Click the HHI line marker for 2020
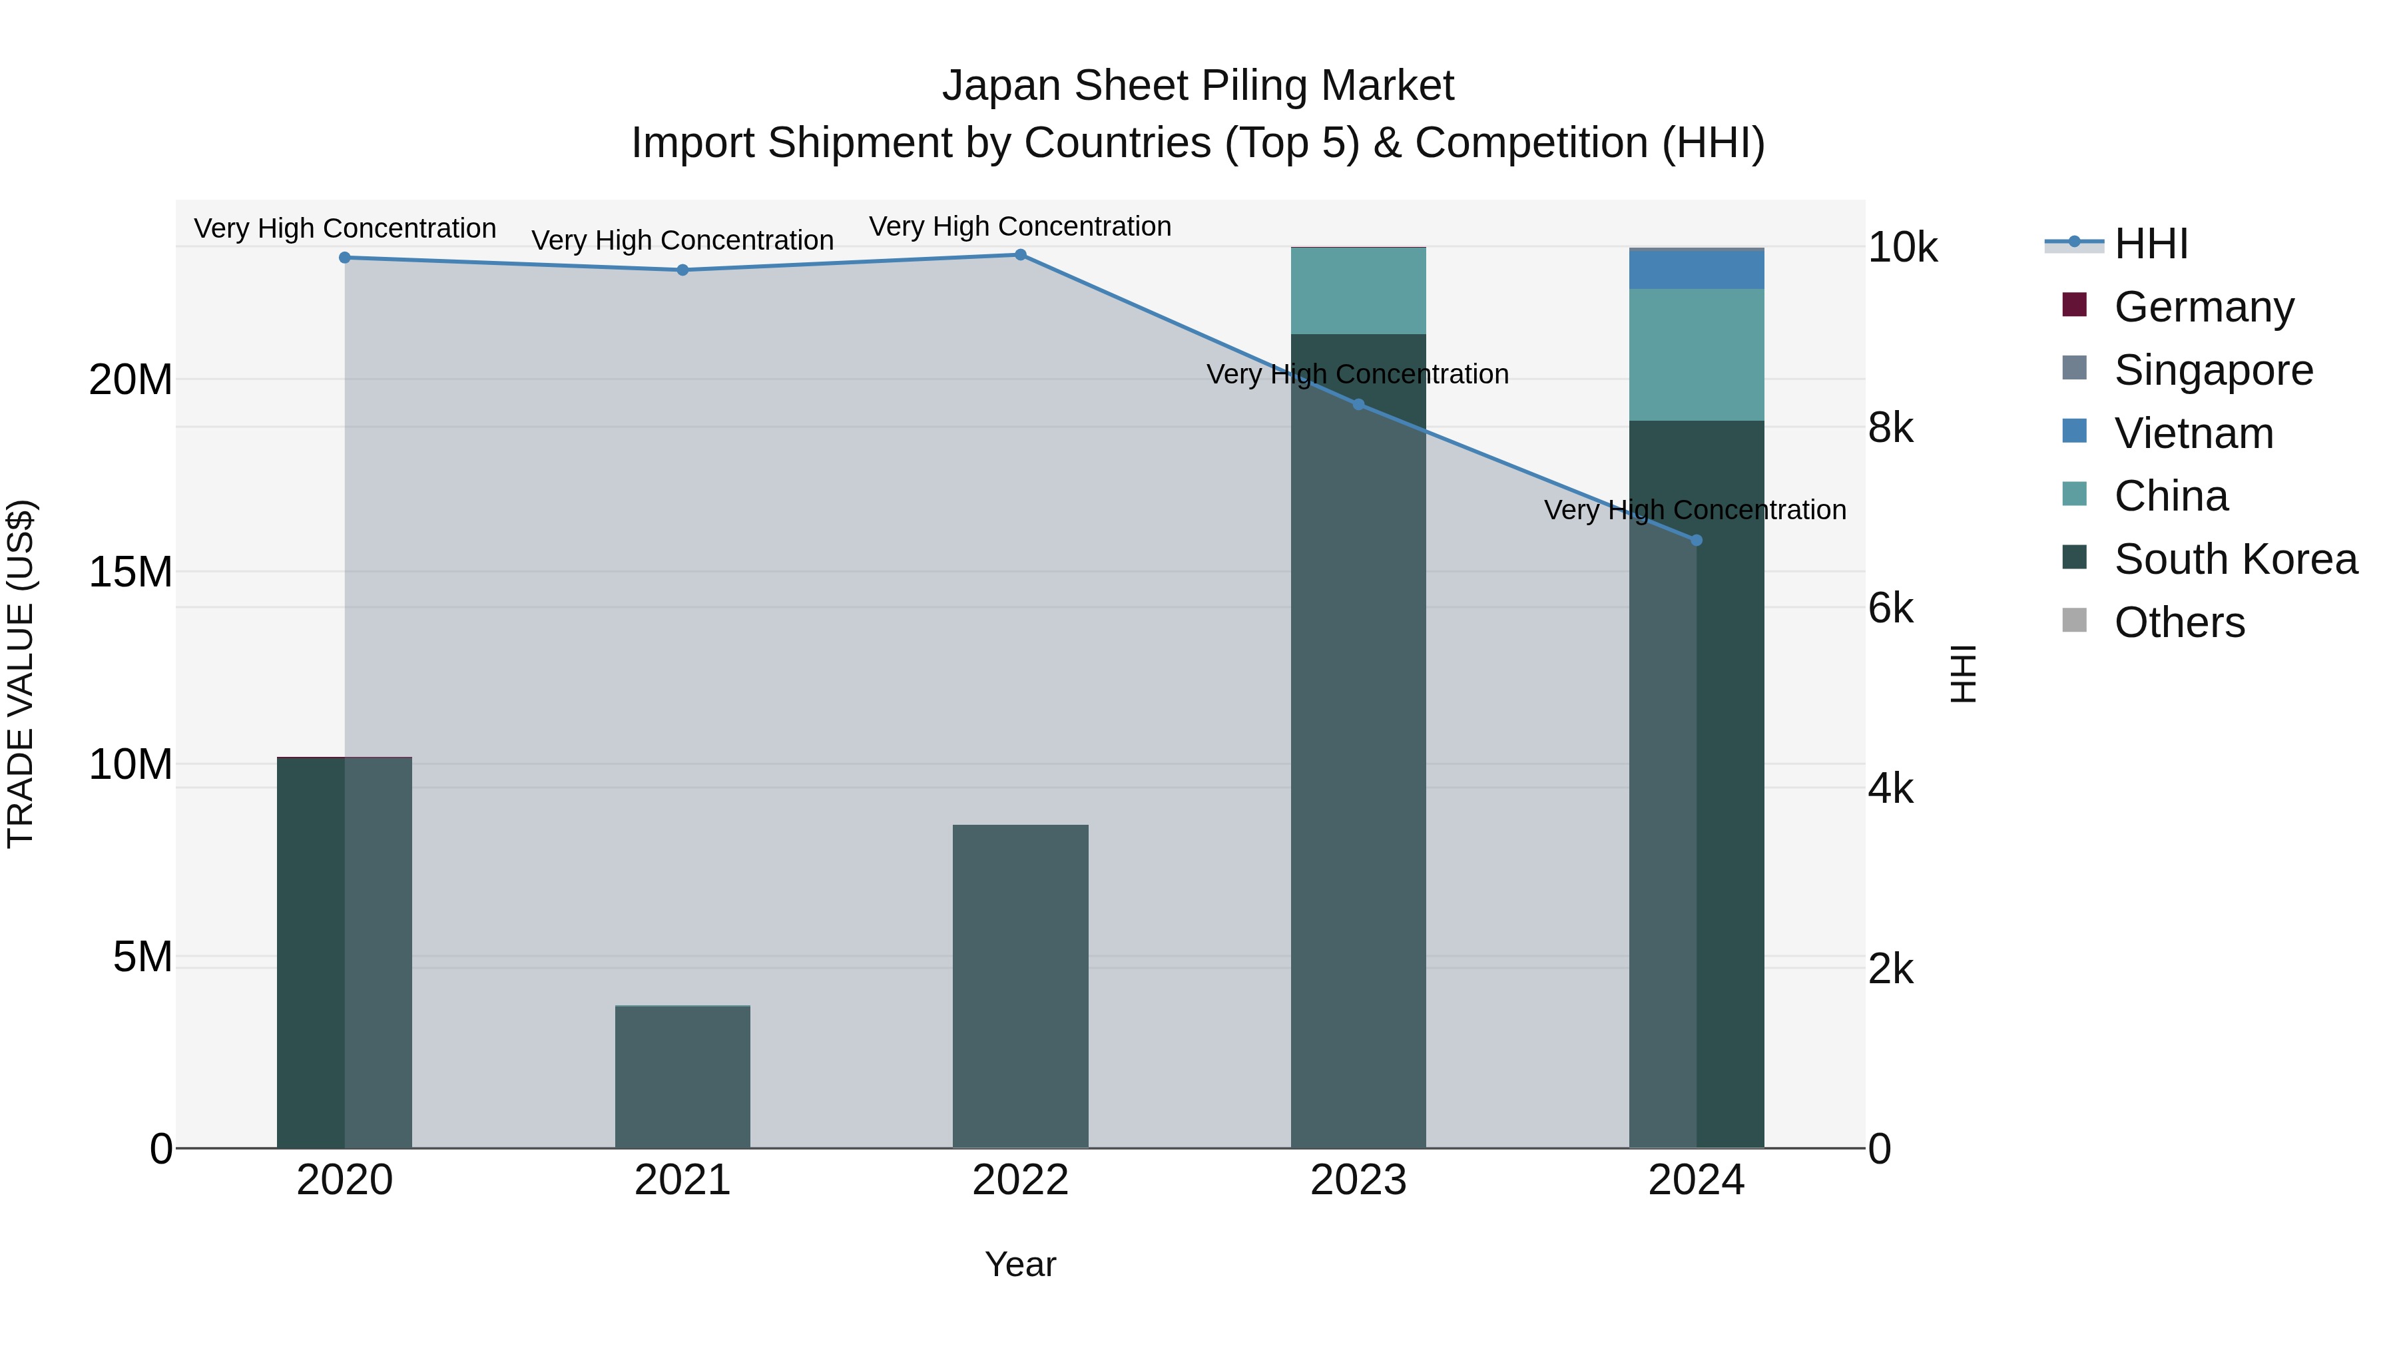point(344,258)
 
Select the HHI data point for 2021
point(682,270)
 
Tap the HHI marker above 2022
point(1020,255)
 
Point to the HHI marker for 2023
point(1358,405)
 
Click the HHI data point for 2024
point(1695,541)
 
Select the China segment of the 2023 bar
point(1358,291)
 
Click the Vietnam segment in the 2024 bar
point(1695,270)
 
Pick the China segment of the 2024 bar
point(1695,354)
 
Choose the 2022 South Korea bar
point(1020,986)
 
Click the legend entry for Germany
point(2203,307)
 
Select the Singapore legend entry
point(2212,370)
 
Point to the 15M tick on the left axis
point(131,572)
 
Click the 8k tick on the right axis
point(1890,428)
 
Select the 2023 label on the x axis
point(1358,1180)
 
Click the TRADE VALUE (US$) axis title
point(21,674)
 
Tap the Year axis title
point(1020,1264)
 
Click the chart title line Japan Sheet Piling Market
point(1198,86)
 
